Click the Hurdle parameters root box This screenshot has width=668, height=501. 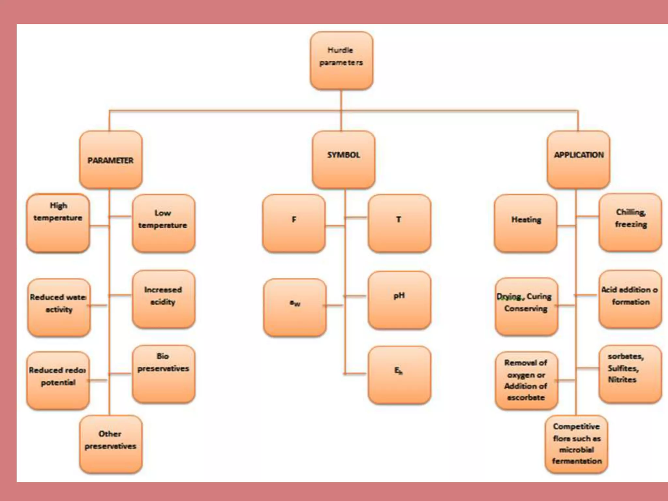pos(341,60)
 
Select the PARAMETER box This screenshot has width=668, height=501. pos(111,160)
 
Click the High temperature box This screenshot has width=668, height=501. pos(58,223)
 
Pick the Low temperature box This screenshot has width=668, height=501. pos(163,223)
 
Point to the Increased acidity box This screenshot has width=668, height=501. pos(163,299)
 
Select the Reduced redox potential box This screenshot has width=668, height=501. pos(58,380)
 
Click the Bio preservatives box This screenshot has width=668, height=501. pos(163,374)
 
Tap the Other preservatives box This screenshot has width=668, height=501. pos(111,444)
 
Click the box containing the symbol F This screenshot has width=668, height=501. pos(294,223)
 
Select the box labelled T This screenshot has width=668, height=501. pos(399,223)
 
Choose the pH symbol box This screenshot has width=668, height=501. pos(399,299)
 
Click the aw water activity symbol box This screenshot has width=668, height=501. pos(295,307)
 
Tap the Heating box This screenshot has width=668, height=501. pos(525,223)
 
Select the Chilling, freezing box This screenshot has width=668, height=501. pos(630,222)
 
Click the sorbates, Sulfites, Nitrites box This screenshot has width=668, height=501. pos(630,374)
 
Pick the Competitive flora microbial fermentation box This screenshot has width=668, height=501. pos(576,444)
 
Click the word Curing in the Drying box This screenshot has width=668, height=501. pos(539,296)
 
